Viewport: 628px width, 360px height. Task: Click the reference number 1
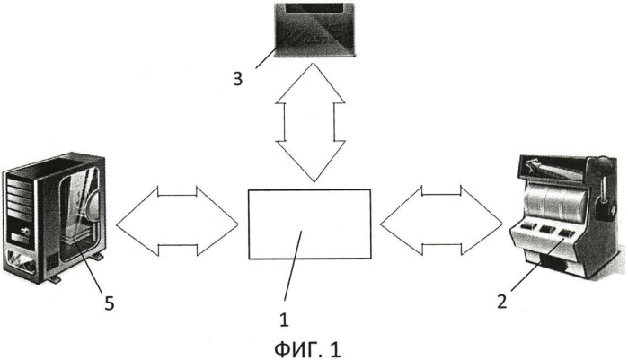pos(284,320)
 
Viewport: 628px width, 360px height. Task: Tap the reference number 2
pos(502,302)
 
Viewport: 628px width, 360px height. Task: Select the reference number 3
pos(238,79)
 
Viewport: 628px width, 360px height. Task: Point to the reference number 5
pos(110,304)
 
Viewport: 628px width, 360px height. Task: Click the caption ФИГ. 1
pos(307,349)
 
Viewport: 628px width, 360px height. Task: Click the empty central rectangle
pos(309,224)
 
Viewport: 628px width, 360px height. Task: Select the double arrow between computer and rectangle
pos(177,221)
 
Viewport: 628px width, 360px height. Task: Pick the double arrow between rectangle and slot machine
pos(441,221)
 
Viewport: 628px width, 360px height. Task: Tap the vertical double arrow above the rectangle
pos(310,122)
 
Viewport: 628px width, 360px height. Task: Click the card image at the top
pos(314,30)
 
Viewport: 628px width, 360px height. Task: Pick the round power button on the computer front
pos(25,231)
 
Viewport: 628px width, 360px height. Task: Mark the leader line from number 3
pos(266,58)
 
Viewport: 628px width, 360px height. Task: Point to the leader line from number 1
pos(293,266)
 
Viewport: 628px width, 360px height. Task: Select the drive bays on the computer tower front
pos(19,195)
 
